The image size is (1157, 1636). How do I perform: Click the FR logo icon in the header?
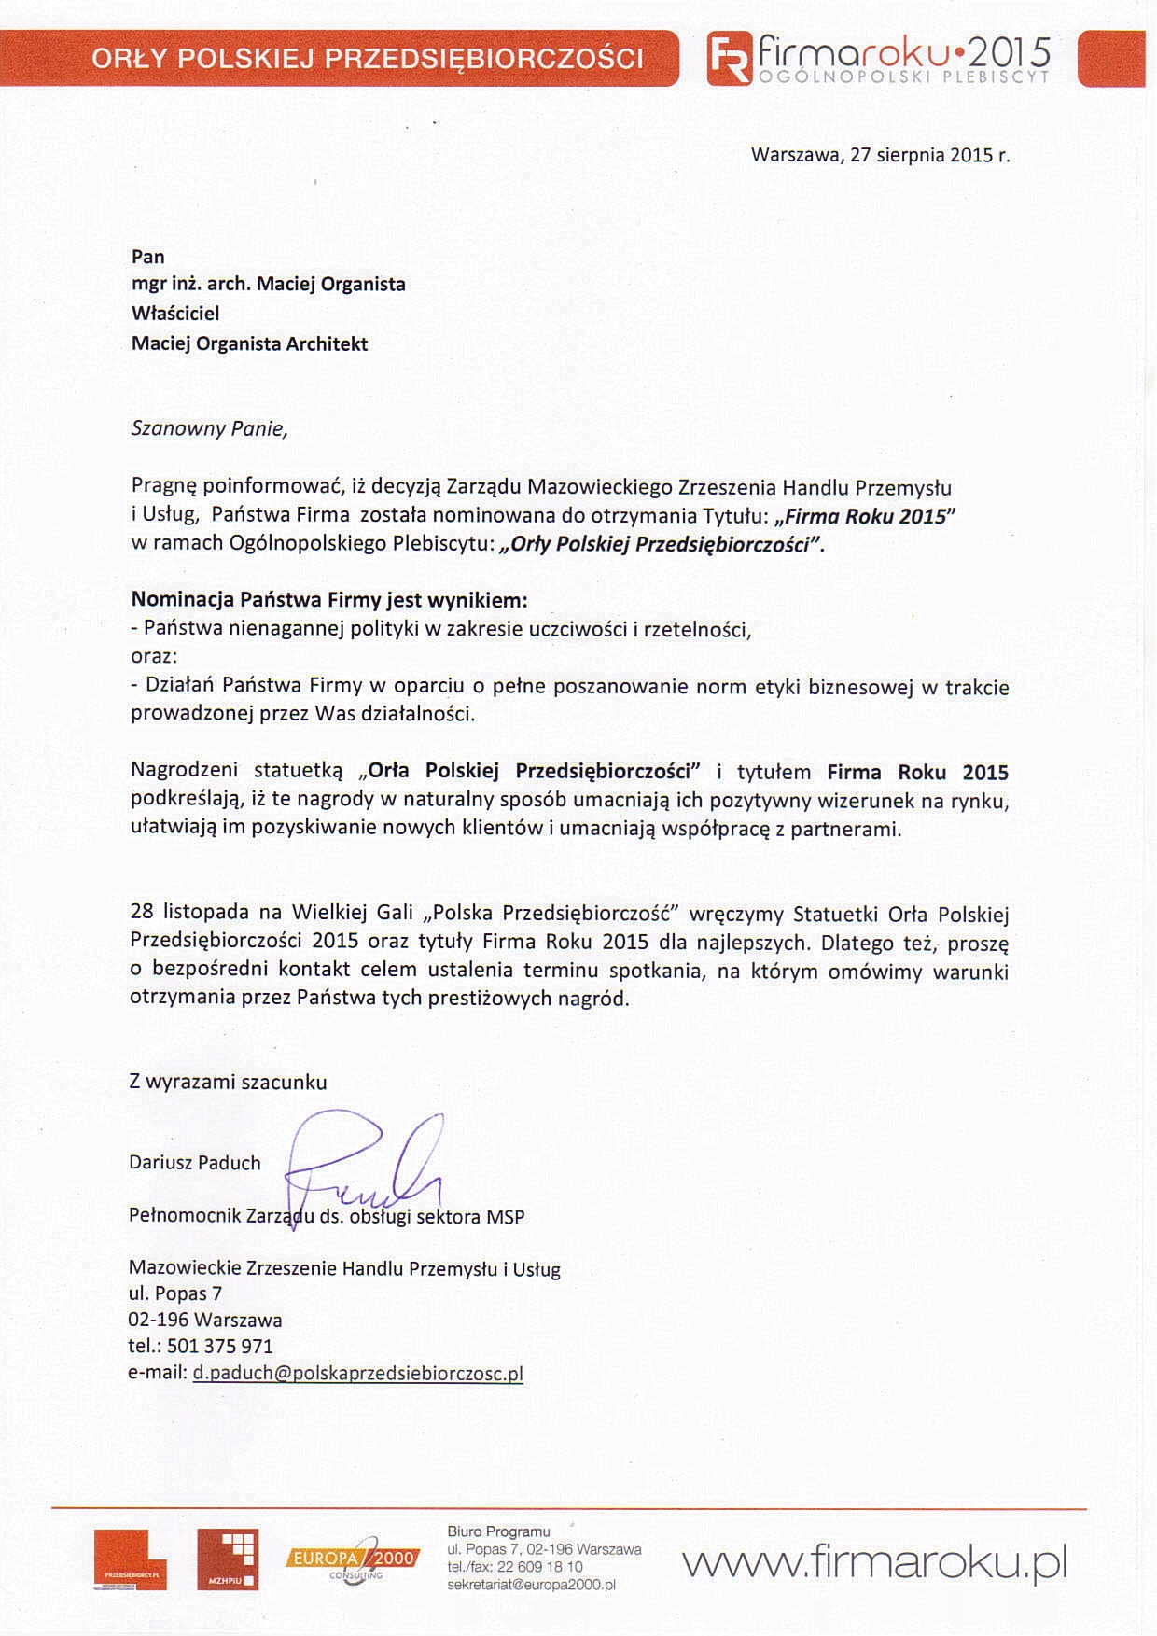click(729, 58)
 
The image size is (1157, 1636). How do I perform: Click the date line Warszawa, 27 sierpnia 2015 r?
click(880, 155)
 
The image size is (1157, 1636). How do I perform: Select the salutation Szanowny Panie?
click(210, 429)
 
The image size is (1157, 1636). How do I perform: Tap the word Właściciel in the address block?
click(175, 314)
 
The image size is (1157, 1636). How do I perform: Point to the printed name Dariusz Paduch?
click(195, 1163)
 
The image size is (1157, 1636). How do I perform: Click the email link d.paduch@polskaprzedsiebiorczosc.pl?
click(358, 1373)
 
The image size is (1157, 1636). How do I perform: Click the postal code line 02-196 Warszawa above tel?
click(205, 1320)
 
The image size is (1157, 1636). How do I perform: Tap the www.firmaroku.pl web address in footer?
click(874, 1561)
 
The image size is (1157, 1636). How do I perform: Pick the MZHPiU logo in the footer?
click(228, 1559)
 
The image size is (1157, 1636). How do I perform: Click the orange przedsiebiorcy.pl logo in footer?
click(130, 1559)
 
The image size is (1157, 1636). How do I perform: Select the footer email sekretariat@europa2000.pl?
click(531, 1585)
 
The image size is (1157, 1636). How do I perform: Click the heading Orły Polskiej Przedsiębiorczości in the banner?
click(368, 59)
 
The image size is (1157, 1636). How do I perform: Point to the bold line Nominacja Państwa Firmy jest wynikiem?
click(329, 599)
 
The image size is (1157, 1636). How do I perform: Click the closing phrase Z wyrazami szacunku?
click(229, 1083)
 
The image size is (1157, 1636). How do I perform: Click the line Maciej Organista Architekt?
click(250, 343)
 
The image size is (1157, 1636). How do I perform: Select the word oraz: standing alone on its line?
click(154, 656)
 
